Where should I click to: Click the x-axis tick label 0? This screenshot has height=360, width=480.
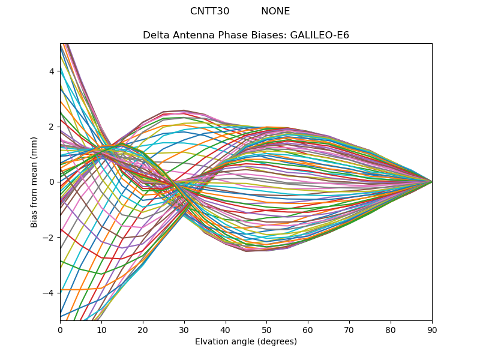click(60, 329)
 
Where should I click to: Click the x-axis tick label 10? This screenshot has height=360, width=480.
click(101, 329)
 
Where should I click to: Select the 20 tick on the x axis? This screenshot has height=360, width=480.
click(143, 329)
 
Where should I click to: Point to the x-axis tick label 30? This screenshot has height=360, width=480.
click(184, 329)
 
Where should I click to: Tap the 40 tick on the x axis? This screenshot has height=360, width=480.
click(226, 329)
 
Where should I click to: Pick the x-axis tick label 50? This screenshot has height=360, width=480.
click(266, 329)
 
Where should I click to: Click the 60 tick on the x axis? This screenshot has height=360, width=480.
click(308, 329)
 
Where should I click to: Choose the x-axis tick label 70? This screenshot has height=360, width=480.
click(349, 329)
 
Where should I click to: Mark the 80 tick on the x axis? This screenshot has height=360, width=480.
click(391, 329)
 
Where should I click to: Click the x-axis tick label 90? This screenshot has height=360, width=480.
click(432, 329)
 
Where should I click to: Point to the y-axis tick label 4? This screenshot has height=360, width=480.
click(52, 71)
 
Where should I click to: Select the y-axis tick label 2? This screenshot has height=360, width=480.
click(52, 127)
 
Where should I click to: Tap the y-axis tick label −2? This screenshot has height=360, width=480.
click(49, 237)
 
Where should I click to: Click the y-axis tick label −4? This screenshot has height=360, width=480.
click(49, 293)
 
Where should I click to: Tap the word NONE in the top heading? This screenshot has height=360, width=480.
click(275, 11)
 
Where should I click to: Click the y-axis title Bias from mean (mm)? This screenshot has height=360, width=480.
click(35, 181)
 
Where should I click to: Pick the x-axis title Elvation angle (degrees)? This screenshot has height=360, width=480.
click(246, 341)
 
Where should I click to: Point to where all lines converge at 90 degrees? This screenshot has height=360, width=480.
click(432, 182)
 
